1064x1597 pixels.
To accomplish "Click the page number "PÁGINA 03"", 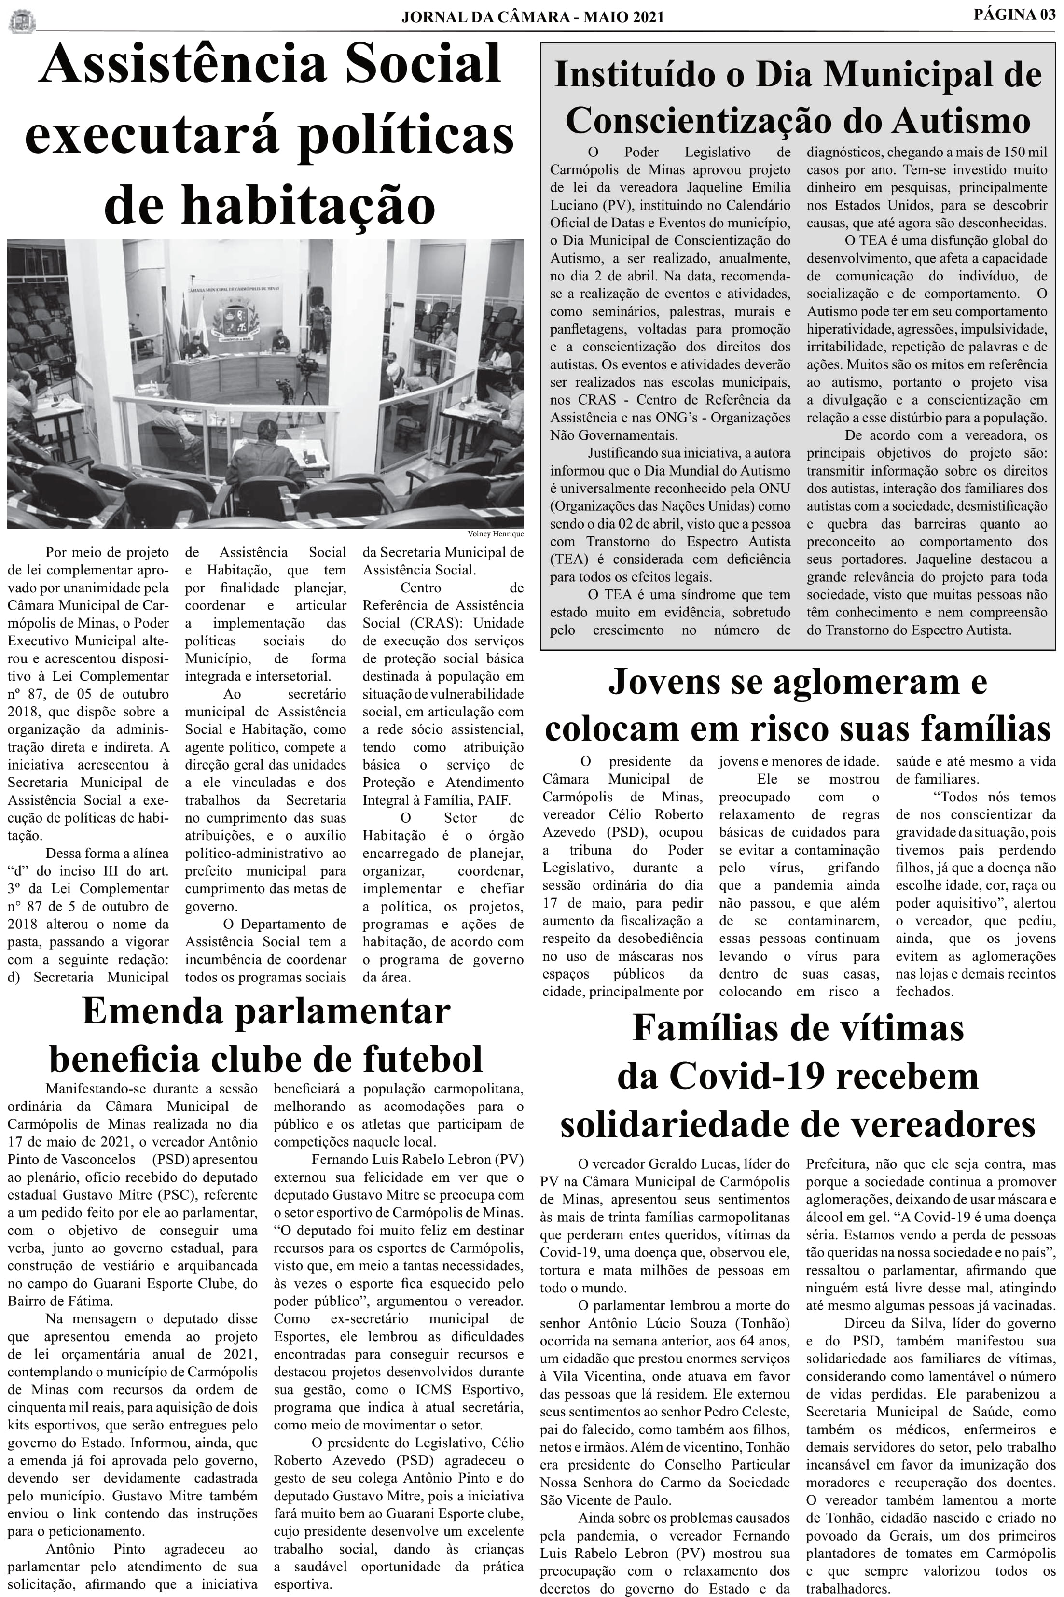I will point(1014,14).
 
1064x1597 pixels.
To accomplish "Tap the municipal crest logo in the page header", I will point(21,20).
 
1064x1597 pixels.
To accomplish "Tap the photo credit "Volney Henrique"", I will point(496,534).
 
